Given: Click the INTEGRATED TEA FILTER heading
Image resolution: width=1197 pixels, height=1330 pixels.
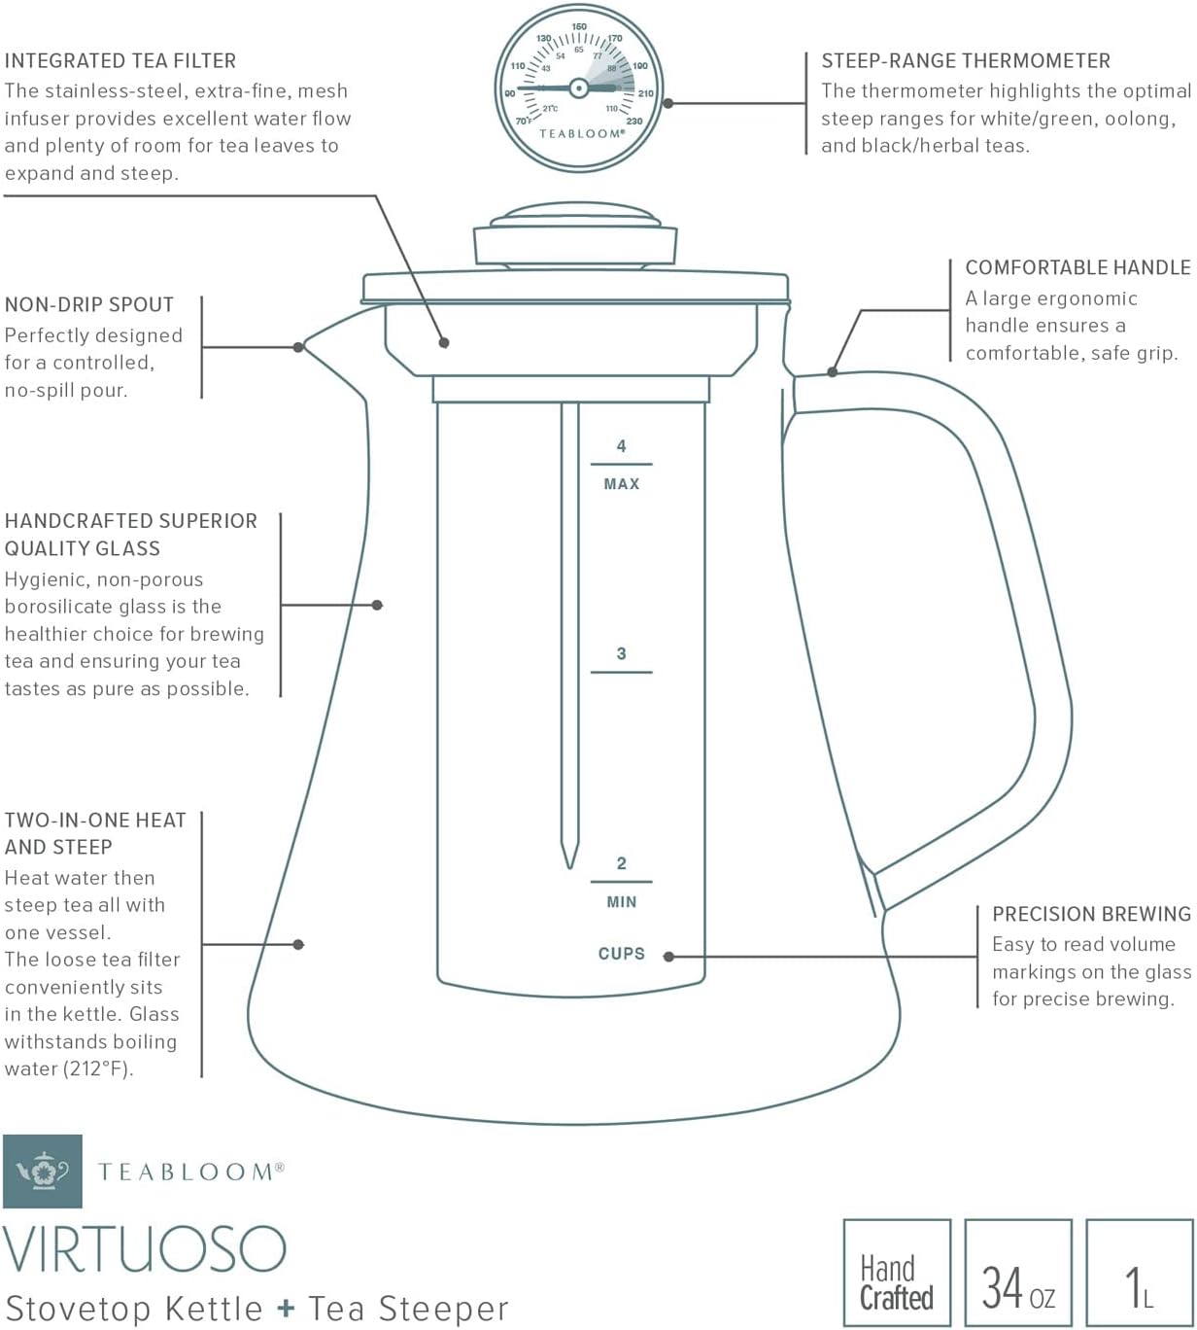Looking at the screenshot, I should [x=120, y=61].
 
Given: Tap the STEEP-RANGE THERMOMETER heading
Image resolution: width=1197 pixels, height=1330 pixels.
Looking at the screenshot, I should [x=966, y=61].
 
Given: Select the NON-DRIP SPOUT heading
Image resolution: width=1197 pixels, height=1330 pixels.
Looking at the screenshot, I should [x=89, y=305].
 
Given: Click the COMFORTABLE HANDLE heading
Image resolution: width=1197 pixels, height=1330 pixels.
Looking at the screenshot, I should [x=1077, y=267].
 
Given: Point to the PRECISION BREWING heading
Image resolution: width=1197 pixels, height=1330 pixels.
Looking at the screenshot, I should [x=1091, y=914].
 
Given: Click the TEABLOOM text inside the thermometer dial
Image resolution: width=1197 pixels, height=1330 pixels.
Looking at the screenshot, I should [x=580, y=134].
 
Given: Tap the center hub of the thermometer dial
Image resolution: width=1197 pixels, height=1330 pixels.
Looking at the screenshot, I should [x=578, y=87].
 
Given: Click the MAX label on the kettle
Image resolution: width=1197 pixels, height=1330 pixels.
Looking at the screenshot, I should [x=622, y=484].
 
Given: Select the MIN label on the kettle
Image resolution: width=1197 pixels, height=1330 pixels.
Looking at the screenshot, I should [x=622, y=902].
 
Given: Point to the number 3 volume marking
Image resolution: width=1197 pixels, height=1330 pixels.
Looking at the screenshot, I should [x=622, y=654].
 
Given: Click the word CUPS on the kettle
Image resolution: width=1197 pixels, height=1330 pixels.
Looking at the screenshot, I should [x=622, y=954].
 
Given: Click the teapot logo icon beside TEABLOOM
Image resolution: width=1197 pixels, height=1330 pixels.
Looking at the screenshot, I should [x=43, y=1172].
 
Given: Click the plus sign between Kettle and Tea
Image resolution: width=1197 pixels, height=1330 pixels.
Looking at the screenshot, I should [x=285, y=1309].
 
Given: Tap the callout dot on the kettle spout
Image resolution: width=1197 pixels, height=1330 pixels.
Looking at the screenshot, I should [x=299, y=347].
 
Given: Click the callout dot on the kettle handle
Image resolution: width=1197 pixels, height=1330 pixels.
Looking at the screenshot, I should [x=833, y=371].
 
